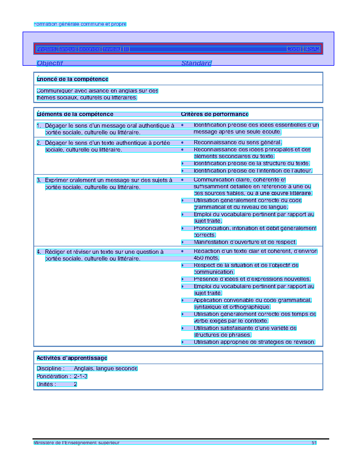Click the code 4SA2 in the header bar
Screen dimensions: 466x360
(x=313, y=49)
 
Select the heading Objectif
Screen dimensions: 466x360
(x=50, y=63)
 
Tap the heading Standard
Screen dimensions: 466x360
(x=196, y=63)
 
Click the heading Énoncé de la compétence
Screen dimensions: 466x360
(x=73, y=79)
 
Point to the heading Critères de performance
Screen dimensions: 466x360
(x=215, y=114)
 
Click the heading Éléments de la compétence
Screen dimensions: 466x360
(x=75, y=114)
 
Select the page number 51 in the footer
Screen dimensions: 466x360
(x=314, y=443)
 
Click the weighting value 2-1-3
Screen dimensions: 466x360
(x=80, y=377)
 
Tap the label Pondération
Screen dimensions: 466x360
(x=52, y=377)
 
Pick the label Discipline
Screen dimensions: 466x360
(x=49, y=369)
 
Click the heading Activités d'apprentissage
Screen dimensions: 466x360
(x=72, y=358)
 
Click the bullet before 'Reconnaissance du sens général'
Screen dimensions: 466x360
(x=182, y=143)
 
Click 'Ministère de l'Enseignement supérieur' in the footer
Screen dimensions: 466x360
(x=77, y=443)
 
